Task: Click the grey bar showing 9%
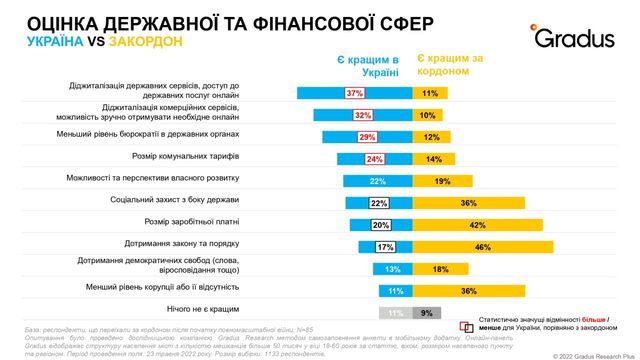pyautogui.click(x=427, y=312)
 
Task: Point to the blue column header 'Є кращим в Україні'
pyautogui.click(x=368, y=65)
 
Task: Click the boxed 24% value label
pyautogui.click(x=375, y=158)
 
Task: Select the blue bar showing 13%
pyautogui.click(x=391, y=268)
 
